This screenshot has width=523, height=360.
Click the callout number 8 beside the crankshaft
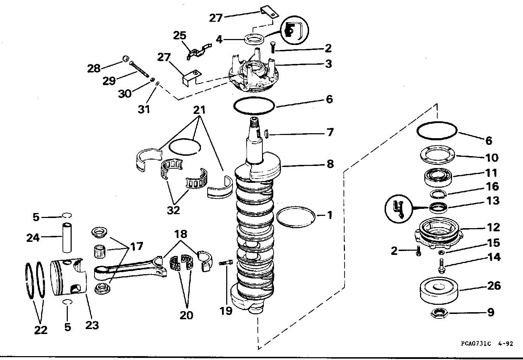click(330, 164)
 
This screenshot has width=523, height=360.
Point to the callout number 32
click(174, 210)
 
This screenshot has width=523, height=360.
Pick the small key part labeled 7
click(266, 134)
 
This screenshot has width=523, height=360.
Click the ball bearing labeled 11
click(438, 178)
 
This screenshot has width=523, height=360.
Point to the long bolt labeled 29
click(139, 69)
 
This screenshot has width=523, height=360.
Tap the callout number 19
click(226, 311)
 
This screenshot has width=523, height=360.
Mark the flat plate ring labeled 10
click(438, 155)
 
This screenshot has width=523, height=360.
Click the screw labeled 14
click(441, 265)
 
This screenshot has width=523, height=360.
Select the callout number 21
click(199, 110)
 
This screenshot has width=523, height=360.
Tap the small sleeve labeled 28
click(126, 59)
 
